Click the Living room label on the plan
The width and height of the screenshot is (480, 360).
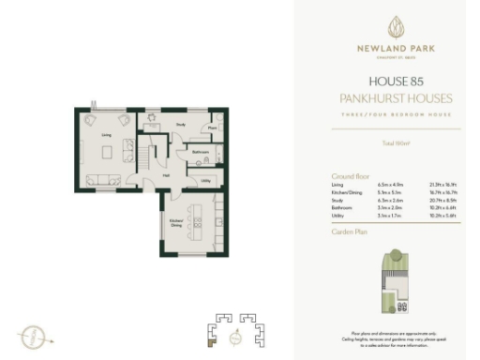point(106,135)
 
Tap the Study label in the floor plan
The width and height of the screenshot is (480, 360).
point(179,123)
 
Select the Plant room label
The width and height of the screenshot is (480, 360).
point(213,127)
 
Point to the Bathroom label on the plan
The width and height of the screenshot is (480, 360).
point(200,150)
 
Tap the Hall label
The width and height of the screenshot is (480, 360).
point(165,173)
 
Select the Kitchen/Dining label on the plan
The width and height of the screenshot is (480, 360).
point(175,223)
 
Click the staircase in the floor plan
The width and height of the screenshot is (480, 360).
point(146,150)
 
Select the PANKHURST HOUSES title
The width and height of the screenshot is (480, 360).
point(386,98)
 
